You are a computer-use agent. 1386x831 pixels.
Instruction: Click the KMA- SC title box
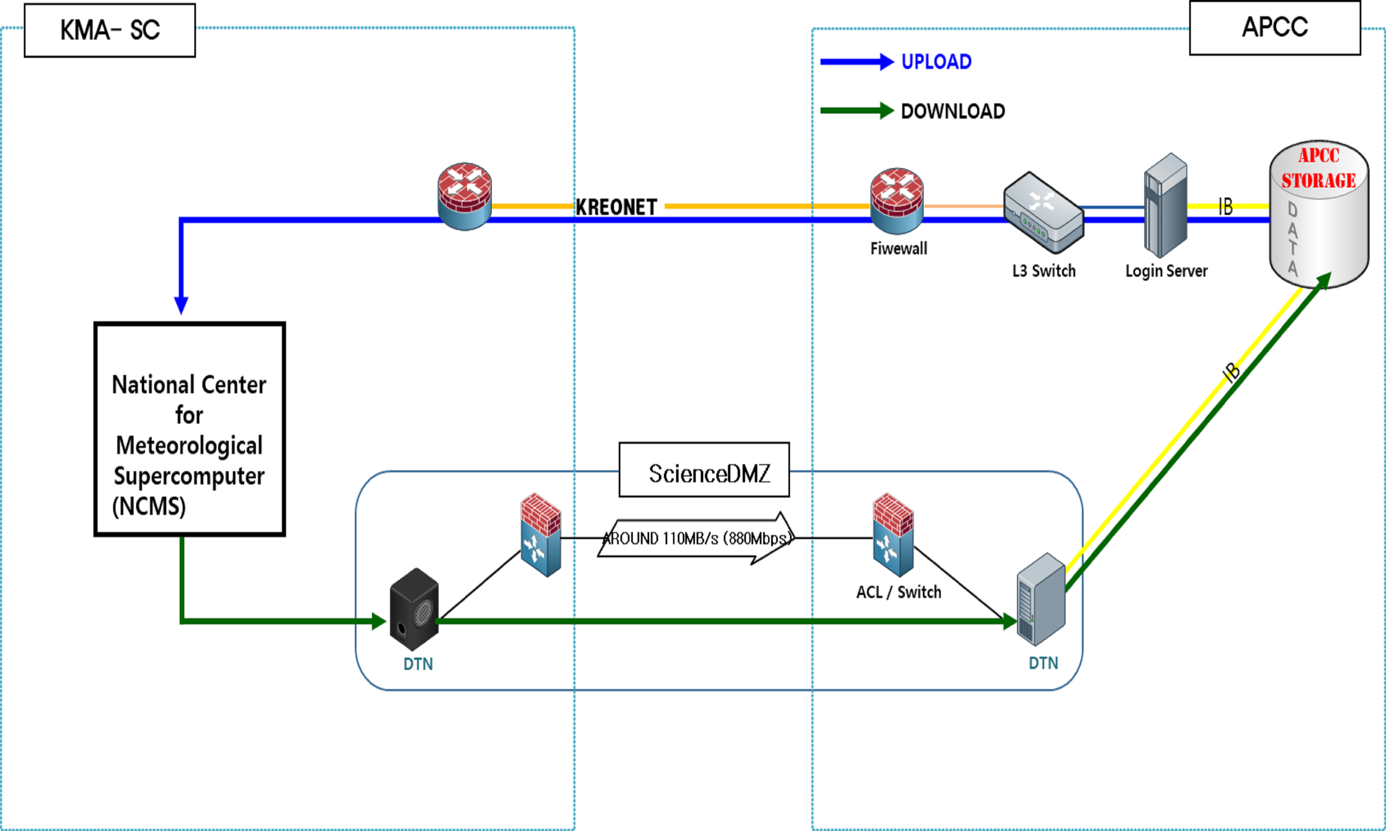click(110, 30)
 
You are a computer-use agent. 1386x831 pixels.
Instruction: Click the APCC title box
click(1275, 27)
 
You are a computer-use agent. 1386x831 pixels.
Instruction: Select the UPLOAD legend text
click(936, 61)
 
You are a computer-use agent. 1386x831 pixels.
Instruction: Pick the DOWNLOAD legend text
click(952, 111)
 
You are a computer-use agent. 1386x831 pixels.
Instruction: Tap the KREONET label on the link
click(616, 207)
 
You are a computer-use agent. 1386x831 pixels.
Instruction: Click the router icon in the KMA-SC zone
click(464, 196)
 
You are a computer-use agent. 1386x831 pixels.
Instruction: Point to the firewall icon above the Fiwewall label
click(896, 201)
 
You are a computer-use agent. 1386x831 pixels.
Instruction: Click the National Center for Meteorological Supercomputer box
click(189, 429)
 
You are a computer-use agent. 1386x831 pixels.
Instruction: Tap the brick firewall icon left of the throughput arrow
click(541, 535)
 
